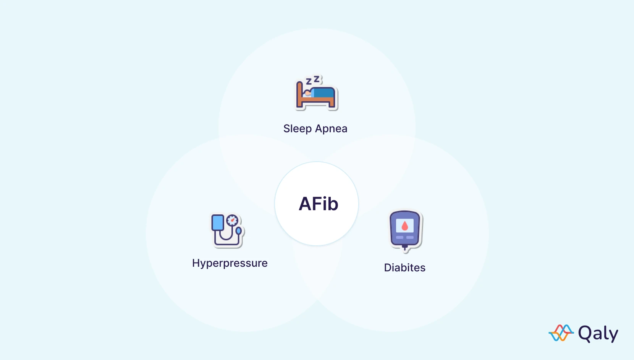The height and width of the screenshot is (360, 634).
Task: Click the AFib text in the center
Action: pos(318,204)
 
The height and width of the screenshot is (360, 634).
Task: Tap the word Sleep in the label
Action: pos(297,129)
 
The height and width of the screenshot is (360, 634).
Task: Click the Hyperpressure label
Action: pos(230,263)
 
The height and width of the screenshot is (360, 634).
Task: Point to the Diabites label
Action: pos(404,268)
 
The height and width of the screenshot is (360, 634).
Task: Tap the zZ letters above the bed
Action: pos(314,80)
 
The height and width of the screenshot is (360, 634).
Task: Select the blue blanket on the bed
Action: pos(323,93)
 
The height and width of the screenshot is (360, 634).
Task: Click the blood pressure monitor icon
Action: pos(227,230)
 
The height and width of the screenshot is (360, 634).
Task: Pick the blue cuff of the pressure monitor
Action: pos(218,222)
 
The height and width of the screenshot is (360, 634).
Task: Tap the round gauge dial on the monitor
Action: pos(232,220)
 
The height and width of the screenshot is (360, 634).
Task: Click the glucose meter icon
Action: pos(405,229)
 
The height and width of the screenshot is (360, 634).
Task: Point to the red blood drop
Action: pos(405,226)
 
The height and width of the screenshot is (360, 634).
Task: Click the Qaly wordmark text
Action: pos(598,334)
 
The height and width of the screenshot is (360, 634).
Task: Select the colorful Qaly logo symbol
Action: pos(561,333)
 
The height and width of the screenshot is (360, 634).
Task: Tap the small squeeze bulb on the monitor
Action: pos(239,231)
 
